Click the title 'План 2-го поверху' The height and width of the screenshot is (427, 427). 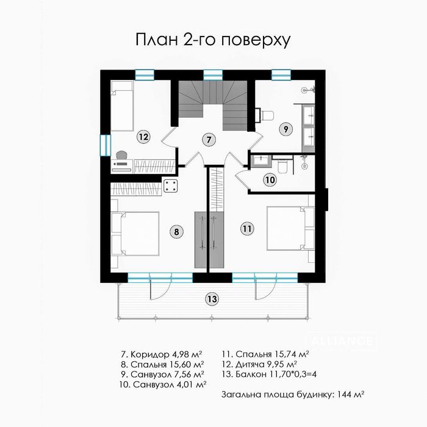click(x=212, y=40)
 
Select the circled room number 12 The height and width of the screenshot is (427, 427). click(x=143, y=137)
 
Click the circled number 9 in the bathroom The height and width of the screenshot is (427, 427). click(x=284, y=128)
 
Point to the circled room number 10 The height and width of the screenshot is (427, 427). click(x=270, y=179)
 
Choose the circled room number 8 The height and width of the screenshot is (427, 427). click(x=176, y=231)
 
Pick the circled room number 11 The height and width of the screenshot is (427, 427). click(x=246, y=229)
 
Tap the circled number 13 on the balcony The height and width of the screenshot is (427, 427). click(x=211, y=299)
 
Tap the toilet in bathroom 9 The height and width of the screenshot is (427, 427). click(x=265, y=114)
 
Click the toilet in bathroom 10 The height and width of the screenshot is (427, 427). click(x=282, y=165)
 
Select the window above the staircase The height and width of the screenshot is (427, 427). click(x=212, y=74)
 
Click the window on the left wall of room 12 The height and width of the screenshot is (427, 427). click(x=103, y=144)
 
